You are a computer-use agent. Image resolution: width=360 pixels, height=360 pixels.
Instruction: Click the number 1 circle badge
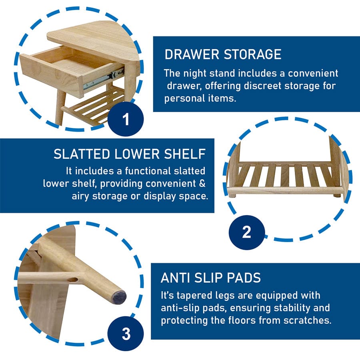(x=126, y=119)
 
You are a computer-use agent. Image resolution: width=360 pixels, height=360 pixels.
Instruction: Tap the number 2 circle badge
(x=247, y=232)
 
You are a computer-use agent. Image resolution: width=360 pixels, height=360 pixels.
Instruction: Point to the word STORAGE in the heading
(x=252, y=54)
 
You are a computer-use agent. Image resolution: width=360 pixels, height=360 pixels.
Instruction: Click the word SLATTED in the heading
(x=82, y=154)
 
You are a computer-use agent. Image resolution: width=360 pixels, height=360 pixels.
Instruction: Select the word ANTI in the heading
(x=175, y=278)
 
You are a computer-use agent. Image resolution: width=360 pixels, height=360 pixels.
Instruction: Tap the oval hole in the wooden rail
(x=73, y=280)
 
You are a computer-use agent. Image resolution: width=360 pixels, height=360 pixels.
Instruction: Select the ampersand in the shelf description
(x=202, y=184)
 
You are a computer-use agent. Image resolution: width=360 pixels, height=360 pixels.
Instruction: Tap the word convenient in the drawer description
(x=313, y=73)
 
